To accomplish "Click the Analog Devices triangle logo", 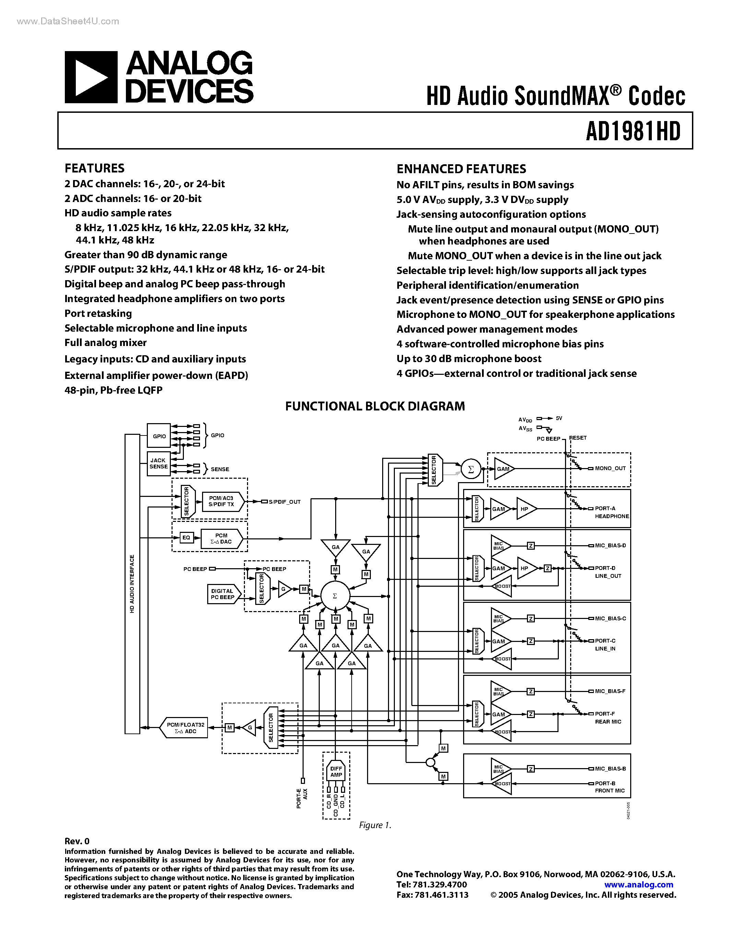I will (91, 77).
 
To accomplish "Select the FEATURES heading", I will (95, 168).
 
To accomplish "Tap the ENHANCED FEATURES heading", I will (461, 169).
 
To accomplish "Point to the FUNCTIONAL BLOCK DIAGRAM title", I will (375, 406).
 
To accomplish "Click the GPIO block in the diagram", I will (159, 436).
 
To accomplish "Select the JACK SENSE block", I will (158, 464).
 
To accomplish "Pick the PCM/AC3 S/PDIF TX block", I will (222, 501).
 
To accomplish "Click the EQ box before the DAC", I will (186, 538).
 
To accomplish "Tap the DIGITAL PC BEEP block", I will (222, 594).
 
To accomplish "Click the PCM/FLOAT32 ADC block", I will (185, 728).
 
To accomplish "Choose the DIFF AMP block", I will (336, 772).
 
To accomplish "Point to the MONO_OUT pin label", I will (610, 468).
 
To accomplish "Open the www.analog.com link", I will (638, 884).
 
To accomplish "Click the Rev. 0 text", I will (77, 841).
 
